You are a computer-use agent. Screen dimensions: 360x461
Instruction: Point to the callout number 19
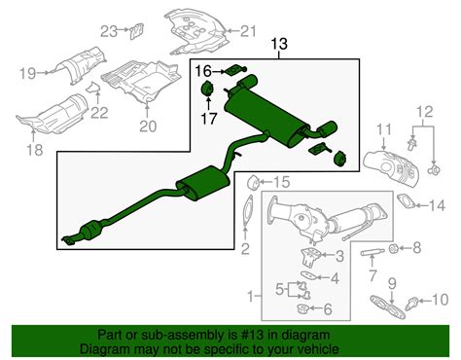click(26, 73)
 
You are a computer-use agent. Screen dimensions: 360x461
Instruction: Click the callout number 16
click(202, 70)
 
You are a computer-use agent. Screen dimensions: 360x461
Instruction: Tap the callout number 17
click(206, 119)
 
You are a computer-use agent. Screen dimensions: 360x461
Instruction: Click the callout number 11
click(382, 129)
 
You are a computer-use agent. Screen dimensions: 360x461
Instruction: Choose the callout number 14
click(439, 204)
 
